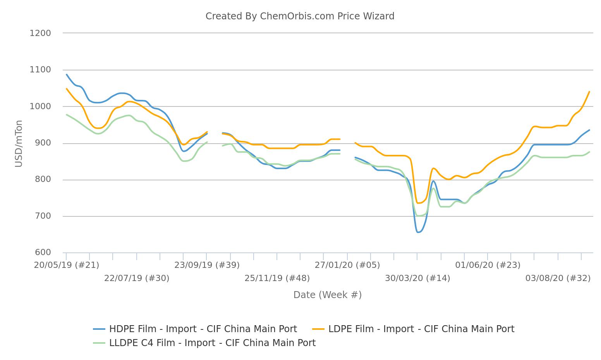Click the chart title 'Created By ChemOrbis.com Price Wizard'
click(300, 16)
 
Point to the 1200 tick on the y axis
click(40, 33)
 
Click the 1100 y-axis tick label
click(40, 70)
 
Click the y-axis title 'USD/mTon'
click(19, 144)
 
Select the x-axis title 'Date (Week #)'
click(327, 295)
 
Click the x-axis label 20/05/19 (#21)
click(67, 265)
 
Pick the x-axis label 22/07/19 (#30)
click(137, 278)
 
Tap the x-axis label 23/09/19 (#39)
click(207, 265)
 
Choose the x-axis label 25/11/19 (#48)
click(277, 278)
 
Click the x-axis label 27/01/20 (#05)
click(347, 265)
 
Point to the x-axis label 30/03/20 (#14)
click(417, 278)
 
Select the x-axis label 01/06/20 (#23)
click(488, 265)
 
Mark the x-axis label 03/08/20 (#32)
click(558, 278)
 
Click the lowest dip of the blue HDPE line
click(418, 232)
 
